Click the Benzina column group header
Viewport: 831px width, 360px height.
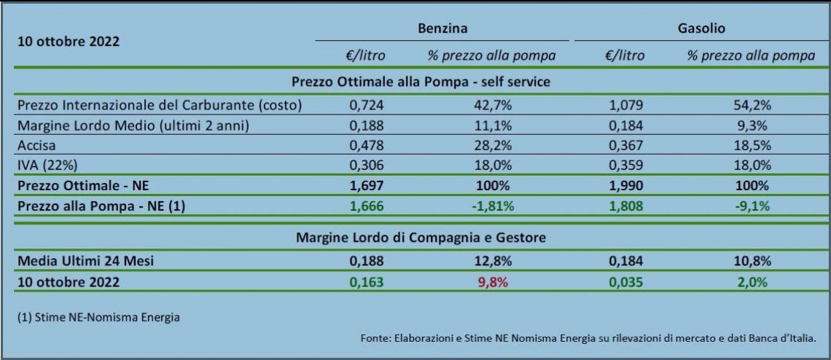point(442,28)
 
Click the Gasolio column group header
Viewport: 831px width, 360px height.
point(702,28)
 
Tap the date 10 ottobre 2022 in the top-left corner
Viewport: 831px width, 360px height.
point(69,42)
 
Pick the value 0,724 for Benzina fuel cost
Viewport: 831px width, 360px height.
point(366,105)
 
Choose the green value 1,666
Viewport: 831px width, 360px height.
point(366,207)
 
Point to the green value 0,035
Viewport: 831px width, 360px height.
point(626,282)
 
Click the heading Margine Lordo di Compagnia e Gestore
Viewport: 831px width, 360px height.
point(421,238)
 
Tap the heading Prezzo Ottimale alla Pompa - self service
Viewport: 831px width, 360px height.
point(421,82)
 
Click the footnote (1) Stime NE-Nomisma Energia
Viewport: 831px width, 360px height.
point(98,318)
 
